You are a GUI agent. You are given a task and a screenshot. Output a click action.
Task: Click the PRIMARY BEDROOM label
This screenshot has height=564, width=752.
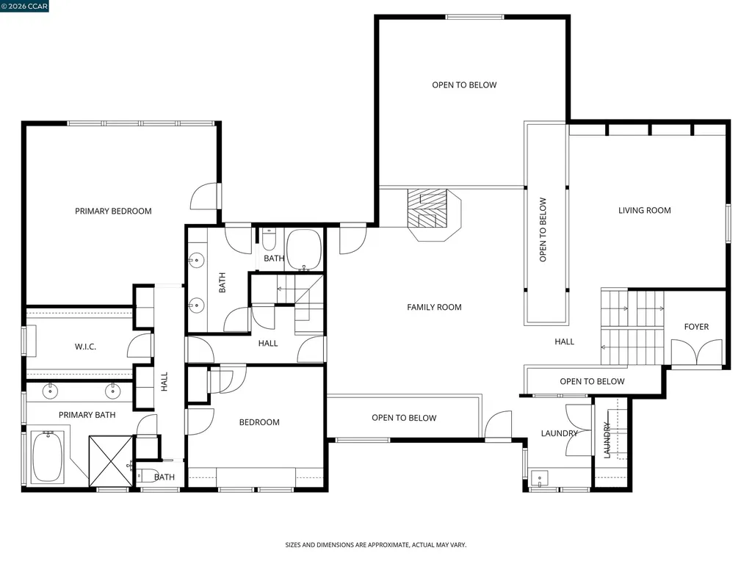coord(113,211)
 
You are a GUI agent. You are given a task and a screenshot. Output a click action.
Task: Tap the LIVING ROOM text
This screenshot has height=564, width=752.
coord(644,211)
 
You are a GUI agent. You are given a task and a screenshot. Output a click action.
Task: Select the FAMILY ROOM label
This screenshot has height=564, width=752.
coord(434,307)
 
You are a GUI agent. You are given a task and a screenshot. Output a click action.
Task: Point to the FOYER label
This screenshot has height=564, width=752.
coord(696,327)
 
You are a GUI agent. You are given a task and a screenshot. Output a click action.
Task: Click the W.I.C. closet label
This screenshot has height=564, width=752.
coord(86,347)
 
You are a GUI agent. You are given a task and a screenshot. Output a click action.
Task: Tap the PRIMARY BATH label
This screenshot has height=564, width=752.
coord(87,415)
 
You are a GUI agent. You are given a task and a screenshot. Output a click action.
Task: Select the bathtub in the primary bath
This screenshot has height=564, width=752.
coord(47,456)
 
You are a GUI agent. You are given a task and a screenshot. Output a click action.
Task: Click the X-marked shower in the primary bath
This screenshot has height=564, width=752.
coord(110,460)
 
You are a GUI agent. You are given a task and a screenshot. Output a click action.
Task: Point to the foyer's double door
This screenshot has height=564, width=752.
coord(696,355)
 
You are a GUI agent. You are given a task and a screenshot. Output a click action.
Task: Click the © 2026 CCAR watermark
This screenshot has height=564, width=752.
coord(24,7)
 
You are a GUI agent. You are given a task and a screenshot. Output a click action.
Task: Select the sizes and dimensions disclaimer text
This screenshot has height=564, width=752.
coord(375,545)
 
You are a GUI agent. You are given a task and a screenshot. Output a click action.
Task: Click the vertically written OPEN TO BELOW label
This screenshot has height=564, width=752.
coord(543,229)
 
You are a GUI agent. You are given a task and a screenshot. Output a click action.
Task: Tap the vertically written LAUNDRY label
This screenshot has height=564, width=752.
coord(607,440)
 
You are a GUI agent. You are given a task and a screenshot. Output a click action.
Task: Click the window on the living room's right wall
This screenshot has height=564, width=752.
coord(728,223)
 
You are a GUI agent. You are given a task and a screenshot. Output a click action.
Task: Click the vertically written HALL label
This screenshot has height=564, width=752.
coord(164,380)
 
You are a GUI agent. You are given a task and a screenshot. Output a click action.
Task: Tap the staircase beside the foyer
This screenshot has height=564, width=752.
coord(632,327)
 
